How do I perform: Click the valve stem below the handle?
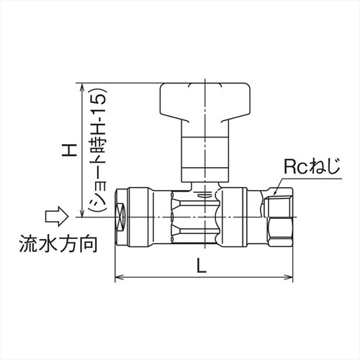202,155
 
